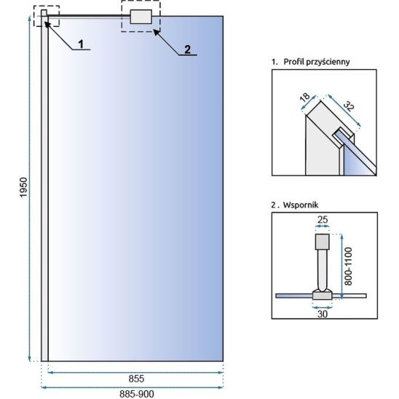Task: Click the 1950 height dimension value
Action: [x=23, y=187]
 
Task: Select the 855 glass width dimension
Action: [x=136, y=379]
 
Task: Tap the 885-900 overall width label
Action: [x=137, y=394]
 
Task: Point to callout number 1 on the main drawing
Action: [x=81, y=44]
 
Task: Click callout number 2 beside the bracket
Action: [x=188, y=50]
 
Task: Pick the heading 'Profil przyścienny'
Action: [x=317, y=62]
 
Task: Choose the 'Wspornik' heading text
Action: [x=301, y=205]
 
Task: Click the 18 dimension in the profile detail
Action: [x=304, y=98]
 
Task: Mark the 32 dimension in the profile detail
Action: [x=349, y=106]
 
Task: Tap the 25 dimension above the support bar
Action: [x=323, y=220]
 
